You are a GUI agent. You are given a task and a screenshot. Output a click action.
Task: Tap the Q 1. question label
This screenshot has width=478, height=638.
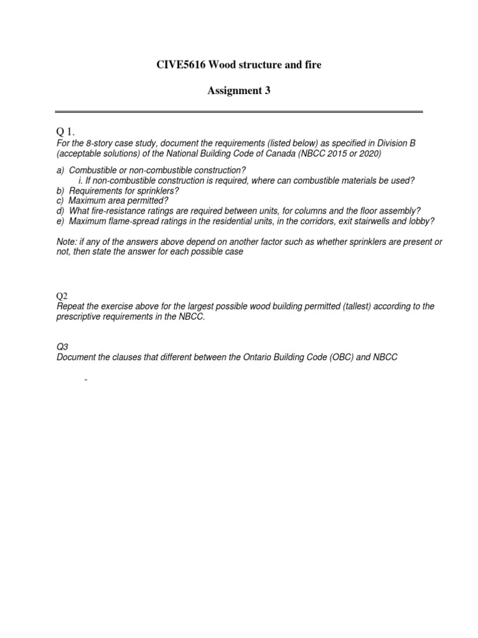point(65,133)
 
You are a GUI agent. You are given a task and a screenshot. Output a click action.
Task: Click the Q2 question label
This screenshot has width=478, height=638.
point(62,297)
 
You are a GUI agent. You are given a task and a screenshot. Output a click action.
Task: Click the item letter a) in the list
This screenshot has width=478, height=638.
point(60,170)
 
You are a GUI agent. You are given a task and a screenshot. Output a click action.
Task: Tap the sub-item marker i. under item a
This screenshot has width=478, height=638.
point(81,180)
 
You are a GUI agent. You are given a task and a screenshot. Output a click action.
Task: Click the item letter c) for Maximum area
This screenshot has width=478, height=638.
point(60,200)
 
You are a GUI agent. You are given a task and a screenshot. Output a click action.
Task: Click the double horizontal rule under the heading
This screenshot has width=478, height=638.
point(238,112)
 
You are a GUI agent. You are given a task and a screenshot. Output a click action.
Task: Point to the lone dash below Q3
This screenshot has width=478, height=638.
point(85,378)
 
